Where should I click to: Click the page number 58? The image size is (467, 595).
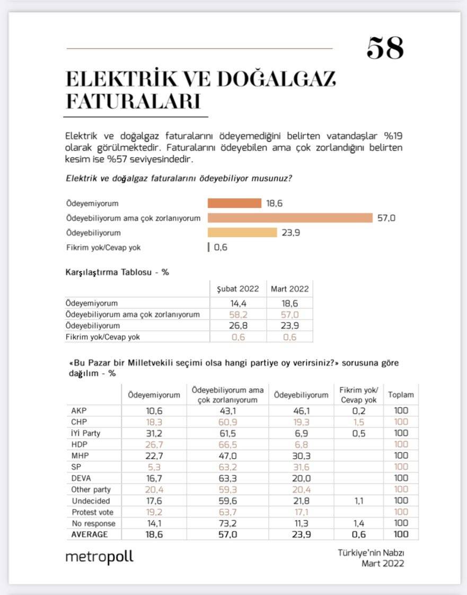(385, 48)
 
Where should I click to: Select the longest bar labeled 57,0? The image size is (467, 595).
(290, 218)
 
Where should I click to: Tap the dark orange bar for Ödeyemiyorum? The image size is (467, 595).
(234, 203)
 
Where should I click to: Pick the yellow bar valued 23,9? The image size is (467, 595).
(242, 232)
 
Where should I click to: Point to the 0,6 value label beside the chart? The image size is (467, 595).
(221, 247)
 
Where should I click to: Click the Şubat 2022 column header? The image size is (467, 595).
(238, 289)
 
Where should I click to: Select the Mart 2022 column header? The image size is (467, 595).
(289, 289)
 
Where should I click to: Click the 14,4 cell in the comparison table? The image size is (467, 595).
(238, 303)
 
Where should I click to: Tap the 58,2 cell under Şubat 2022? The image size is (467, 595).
(238, 314)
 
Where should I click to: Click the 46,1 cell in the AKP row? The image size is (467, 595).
(301, 410)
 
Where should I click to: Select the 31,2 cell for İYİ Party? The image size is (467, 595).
(154, 433)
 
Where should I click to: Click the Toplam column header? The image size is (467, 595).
(401, 395)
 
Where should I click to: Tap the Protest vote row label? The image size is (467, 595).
(92, 512)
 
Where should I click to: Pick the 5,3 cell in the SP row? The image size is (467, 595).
(154, 467)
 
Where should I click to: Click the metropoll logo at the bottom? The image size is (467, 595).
(99, 557)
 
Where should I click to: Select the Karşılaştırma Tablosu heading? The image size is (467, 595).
(117, 272)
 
